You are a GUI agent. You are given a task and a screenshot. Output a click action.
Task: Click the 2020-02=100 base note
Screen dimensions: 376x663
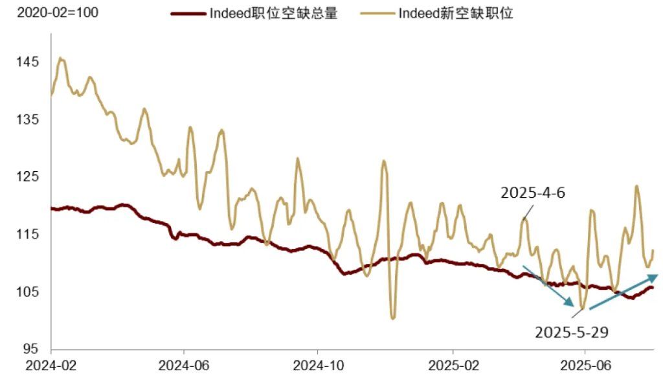click(x=50, y=12)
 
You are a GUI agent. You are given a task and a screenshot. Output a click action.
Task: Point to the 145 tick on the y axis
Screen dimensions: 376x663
click(x=28, y=62)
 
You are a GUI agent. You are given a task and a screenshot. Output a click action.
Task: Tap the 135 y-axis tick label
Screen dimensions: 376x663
click(x=28, y=120)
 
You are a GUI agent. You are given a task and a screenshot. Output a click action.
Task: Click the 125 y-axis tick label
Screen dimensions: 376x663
click(x=28, y=177)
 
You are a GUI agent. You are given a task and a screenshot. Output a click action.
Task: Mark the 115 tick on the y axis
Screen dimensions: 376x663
click(x=28, y=234)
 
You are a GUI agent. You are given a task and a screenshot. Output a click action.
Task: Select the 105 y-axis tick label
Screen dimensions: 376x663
click(x=28, y=292)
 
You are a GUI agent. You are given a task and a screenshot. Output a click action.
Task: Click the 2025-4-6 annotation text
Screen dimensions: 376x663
click(x=533, y=193)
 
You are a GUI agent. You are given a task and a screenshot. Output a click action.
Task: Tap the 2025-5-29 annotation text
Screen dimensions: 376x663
click(x=572, y=332)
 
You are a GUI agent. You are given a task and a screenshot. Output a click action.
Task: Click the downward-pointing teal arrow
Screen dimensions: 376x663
click(x=548, y=285)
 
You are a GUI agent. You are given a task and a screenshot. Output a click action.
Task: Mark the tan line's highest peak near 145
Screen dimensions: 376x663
click(x=60, y=58)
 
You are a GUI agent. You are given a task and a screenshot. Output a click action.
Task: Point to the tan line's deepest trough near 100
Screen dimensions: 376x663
click(x=393, y=318)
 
